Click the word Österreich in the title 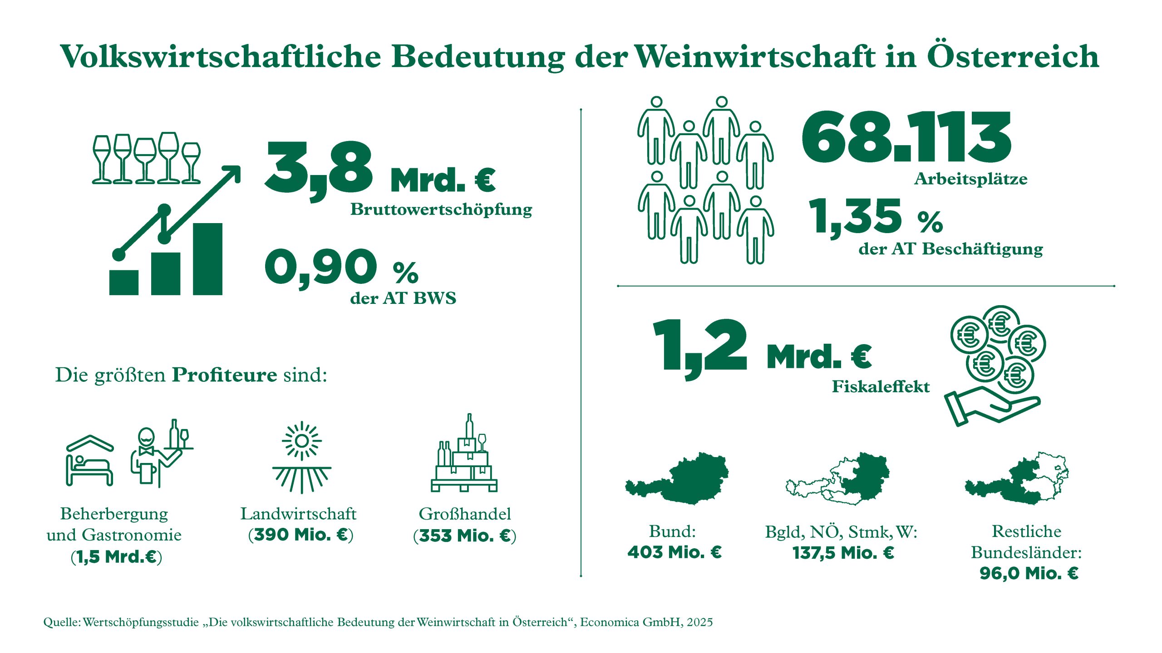point(1012,57)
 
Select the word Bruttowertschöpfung point(441,210)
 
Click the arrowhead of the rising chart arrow point(232,173)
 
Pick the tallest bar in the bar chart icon point(207,259)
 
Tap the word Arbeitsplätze point(970,179)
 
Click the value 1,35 point(855,217)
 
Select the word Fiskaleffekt point(881,387)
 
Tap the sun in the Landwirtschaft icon point(301,441)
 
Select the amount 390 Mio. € point(300,535)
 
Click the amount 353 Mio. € point(465,536)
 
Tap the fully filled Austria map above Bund point(676,478)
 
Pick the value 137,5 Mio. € point(843,553)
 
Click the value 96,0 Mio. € point(1029,574)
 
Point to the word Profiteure point(224,375)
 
